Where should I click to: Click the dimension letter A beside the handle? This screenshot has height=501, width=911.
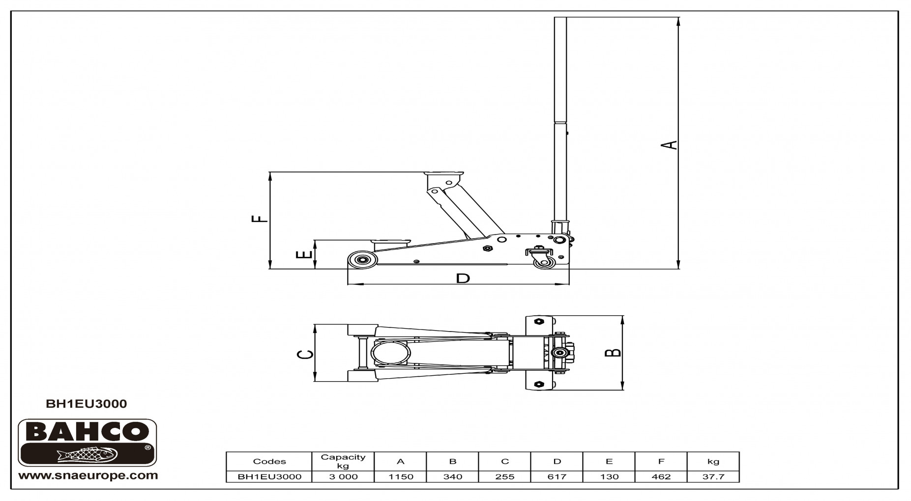(x=669, y=145)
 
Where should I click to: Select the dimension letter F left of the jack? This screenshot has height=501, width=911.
(x=260, y=219)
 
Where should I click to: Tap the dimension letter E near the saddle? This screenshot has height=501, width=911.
(x=305, y=254)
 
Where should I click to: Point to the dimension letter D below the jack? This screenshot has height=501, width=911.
(x=463, y=278)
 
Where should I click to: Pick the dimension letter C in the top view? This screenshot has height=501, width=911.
(x=306, y=354)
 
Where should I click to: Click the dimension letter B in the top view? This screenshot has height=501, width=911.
(x=613, y=352)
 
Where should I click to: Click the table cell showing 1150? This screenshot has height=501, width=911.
(x=401, y=476)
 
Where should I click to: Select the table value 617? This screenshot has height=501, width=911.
(x=557, y=476)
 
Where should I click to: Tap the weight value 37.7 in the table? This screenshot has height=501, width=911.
(x=713, y=476)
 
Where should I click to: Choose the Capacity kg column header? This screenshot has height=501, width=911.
(x=343, y=461)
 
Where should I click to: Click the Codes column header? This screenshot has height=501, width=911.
(x=269, y=461)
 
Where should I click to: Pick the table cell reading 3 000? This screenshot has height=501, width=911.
(x=343, y=476)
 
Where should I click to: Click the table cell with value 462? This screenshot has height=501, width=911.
(x=661, y=476)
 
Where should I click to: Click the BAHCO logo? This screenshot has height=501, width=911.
(x=88, y=442)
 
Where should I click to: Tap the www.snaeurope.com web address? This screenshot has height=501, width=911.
(x=88, y=475)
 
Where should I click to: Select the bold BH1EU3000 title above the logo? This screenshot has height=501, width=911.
(x=86, y=404)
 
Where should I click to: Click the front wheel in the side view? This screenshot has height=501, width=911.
(x=362, y=260)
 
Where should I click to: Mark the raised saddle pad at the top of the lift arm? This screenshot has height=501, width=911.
(x=444, y=175)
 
